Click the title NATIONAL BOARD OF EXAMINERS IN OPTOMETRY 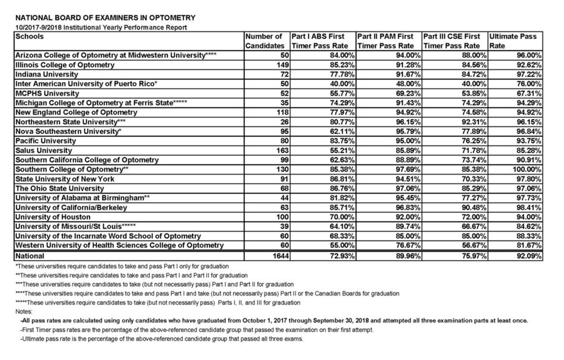[105, 18]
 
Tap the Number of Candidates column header [265, 41]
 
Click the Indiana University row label [47, 74]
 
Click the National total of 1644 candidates [278, 256]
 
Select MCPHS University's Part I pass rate [342, 93]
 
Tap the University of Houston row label [53, 217]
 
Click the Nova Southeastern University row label [67, 131]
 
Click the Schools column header [30, 36]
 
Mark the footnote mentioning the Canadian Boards [207, 294]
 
